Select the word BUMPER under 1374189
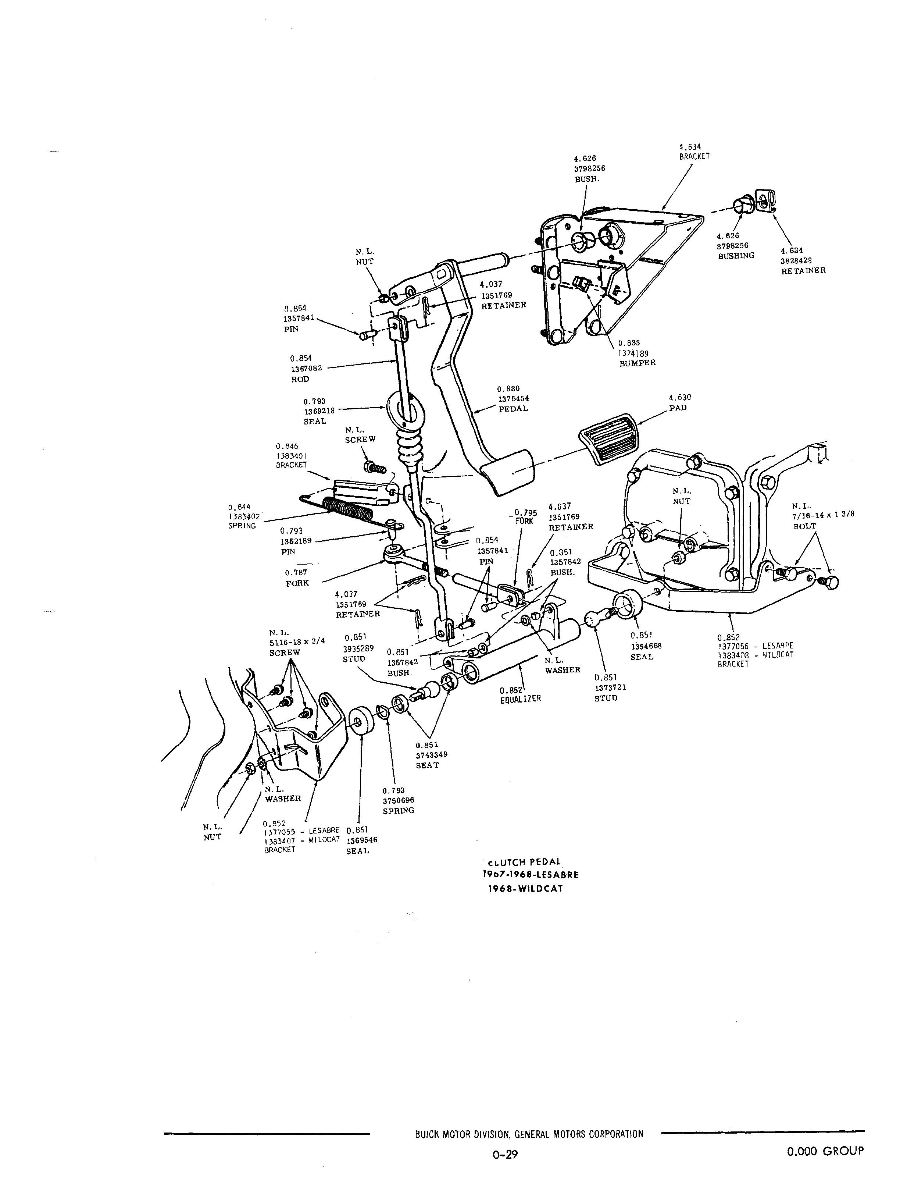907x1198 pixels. coord(638,363)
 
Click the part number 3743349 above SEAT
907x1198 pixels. coord(432,755)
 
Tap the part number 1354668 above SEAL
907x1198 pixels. coord(646,646)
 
